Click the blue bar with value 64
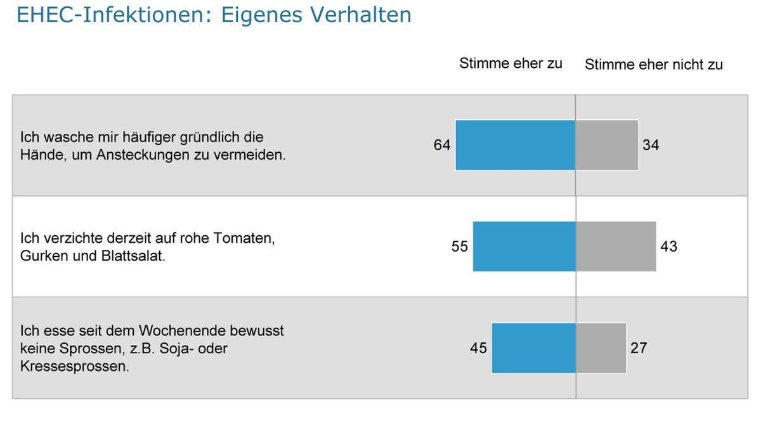pyautogui.click(x=515, y=145)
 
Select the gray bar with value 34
pyautogui.click(x=607, y=145)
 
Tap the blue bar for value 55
pyautogui.click(x=524, y=246)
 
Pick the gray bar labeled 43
pyautogui.click(x=616, y=246)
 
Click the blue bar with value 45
pyautogui.click(x=533, y=347)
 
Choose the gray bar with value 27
pyautogui.click(x=601, y=347)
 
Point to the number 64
pyautogui.click(x=442, y=145)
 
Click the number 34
pyautogui.click(x=651, y=145)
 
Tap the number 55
pyautogui.click(x=460, y=246)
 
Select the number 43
pyautogui.click(x=668, y=246)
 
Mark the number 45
pyautogui.click(x=478, y=347)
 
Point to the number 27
pyautogui.click(x=639, y=347)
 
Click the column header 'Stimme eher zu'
pyautogui.click(x=511, y=63)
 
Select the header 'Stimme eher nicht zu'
pyautogui.click(x=653, y=65)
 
